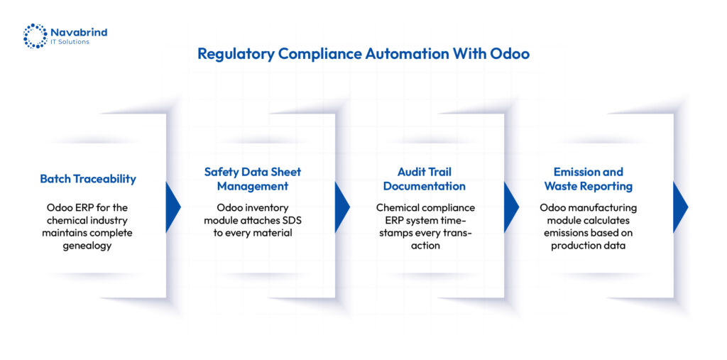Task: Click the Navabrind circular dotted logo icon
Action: [35, 36]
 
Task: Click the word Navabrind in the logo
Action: [78, 32]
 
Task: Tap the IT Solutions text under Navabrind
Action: [70, 42]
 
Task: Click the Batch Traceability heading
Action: [88, 179]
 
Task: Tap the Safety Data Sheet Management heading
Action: [253, 179]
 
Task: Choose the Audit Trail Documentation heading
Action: [425, 179]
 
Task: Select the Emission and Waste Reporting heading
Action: [589, 179]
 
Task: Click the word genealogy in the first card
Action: [87, 246]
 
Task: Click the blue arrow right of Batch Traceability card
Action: [173, 207]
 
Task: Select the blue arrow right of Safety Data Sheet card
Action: [341, 207]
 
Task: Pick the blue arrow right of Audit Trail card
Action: [511, 207]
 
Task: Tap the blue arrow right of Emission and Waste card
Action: [680, 207]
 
